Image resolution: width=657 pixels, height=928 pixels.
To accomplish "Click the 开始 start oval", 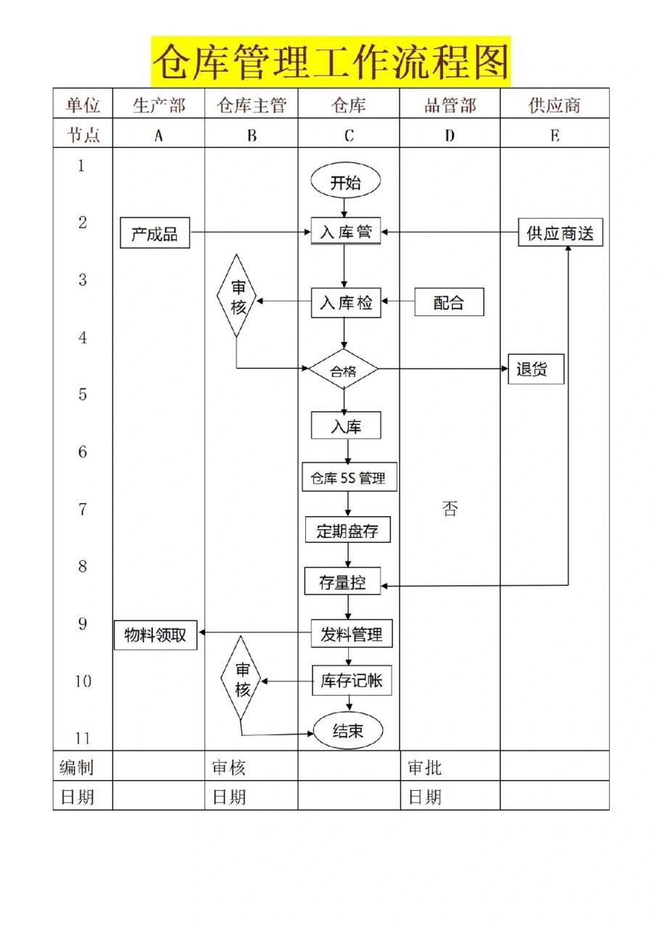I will pyautogui.click(x=345, y=183).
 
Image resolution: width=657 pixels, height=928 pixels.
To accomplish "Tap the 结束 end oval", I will pyautogui.click(x=347, y=732).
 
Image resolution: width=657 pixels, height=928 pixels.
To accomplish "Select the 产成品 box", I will pyautogui.click(x=154, y=234).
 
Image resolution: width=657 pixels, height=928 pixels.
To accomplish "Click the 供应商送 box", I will pyautogui.click(x=560, y=233).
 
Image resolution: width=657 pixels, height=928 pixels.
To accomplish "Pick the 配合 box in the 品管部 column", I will pyautogui.click(x=449, y=302).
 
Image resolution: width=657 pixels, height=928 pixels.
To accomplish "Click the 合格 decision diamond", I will pyautogui.click(x=344, y=371).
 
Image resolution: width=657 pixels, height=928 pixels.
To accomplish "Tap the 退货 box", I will pyautogui.click(x=535, y=370).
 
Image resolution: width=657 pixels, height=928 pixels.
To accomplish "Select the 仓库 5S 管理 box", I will pyautogui.click(x=349, y=478).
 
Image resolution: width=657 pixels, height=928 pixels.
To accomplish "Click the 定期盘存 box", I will pyautogui.click(x=347, y=531).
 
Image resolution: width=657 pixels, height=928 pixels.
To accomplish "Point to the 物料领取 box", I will pyautogui.click(x=155, y=635).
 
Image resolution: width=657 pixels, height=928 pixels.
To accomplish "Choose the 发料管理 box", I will pyautogui.click(x=352, y=634).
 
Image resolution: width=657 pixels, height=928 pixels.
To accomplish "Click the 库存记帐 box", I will pyautogui.click(x=352, y=681).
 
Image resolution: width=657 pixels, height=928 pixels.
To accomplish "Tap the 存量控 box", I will pyautogui.click(x=342, y=581).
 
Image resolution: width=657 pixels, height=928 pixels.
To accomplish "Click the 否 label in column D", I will pyautogui.click(x=450, y=509).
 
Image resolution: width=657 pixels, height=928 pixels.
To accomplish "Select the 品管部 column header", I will pyautogui.click(x=450, y=105).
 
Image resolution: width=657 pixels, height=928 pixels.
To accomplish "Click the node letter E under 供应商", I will pyautogui.click(x=555, y=135).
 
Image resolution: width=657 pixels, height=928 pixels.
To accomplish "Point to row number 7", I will pyautogui.click(x=82, y=510).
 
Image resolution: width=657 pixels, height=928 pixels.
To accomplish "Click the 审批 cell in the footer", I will pyautogui.click(x=425, y=767).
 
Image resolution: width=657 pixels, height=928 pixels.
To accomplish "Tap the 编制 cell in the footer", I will pyautogui.click(x=76, y=767).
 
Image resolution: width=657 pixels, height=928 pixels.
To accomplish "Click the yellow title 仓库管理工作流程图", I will pyautogui.click(x=331, y=62).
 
